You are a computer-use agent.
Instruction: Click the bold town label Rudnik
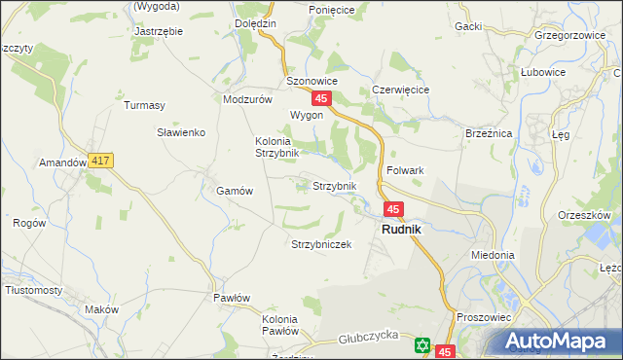tap(401, 229)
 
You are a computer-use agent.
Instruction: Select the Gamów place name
tap(235, 192)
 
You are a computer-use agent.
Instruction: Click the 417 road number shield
tap(99, 160)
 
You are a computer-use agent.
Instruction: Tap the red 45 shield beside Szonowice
tap(322, 98)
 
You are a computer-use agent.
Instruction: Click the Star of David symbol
tap(421, 344)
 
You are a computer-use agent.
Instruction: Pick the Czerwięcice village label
tap(401, 90)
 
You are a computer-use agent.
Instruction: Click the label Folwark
tap(405, 170)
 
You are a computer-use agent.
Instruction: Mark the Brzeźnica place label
tap(488, 132)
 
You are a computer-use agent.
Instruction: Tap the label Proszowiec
tap(482, 317)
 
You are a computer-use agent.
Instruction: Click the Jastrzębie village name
tap(157, 30)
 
